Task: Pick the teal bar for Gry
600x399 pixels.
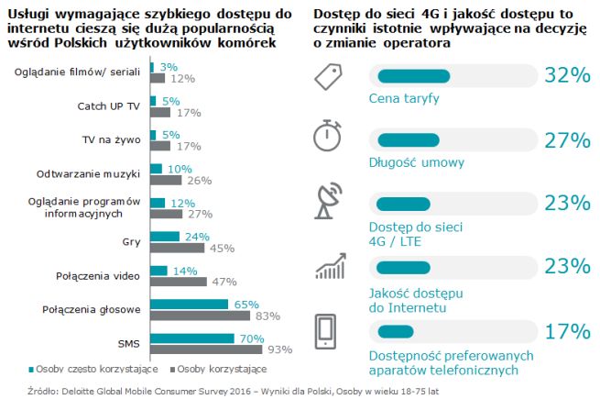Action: pos(165,236)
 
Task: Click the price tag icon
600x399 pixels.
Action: pos(329,77)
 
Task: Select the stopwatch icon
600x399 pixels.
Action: pos(329,137)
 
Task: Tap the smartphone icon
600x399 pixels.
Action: pos(329,332)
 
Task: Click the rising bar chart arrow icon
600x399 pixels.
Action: pos(329,267)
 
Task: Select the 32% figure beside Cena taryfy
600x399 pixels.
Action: pos(567,76)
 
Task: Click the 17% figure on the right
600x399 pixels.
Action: pos(567,330)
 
